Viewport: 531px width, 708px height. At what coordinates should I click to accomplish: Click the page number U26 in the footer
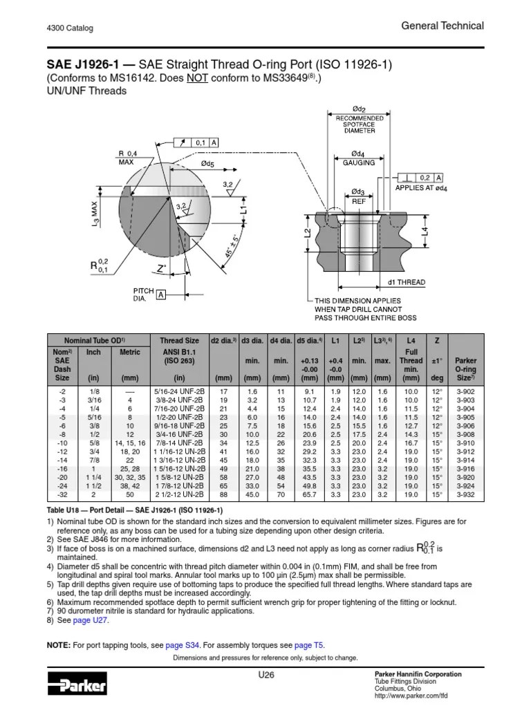265,674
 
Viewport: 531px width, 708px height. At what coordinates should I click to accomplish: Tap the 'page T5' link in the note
308,645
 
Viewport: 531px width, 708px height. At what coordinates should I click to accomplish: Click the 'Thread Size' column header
179,340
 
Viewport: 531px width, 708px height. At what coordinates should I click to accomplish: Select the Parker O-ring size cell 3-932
466,495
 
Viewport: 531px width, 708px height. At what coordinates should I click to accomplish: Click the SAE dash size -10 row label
62,442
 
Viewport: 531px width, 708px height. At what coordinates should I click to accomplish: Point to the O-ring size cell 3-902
466,391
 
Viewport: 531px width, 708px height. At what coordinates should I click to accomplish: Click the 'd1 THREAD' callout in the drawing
407,282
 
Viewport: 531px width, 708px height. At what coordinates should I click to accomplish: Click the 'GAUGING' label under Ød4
358,162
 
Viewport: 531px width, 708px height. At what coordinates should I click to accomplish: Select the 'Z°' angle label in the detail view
162,268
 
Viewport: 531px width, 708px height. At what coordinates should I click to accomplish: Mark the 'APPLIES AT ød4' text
421,187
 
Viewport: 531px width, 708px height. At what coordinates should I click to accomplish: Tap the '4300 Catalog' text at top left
70,28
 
